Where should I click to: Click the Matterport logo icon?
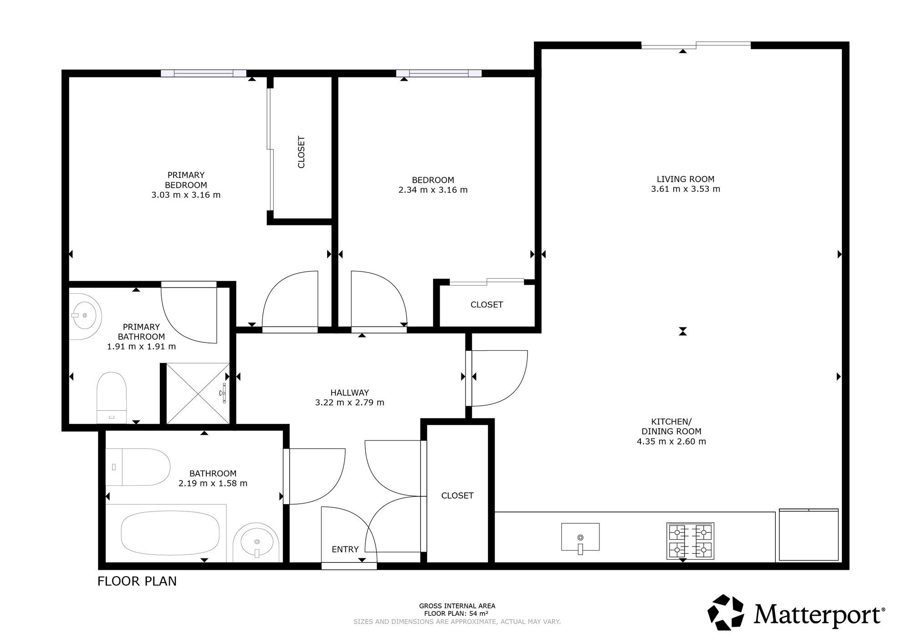coord(726,612)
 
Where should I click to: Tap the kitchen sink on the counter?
coord(580,537)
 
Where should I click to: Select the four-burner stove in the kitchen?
coord(690,541)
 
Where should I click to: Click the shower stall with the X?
coord(198,394)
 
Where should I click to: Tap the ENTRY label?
coord(345,549)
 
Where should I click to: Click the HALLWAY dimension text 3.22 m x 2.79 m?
coord(350,403)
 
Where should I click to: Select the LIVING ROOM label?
coord(686,179)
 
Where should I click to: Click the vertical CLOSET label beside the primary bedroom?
coord(301,152)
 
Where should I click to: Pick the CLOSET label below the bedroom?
coord(487,305)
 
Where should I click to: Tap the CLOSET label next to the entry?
coord(457,496)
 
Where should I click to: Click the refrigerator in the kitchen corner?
coord(809,535)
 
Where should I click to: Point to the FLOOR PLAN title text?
coord(137,581)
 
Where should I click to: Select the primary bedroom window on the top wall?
coord(204,73)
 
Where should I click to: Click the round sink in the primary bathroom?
coord(84,316)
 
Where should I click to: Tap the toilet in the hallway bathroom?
coord(138,467)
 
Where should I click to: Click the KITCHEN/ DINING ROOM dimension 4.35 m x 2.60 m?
coord(671,441)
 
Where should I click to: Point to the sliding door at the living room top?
coord(696,45)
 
